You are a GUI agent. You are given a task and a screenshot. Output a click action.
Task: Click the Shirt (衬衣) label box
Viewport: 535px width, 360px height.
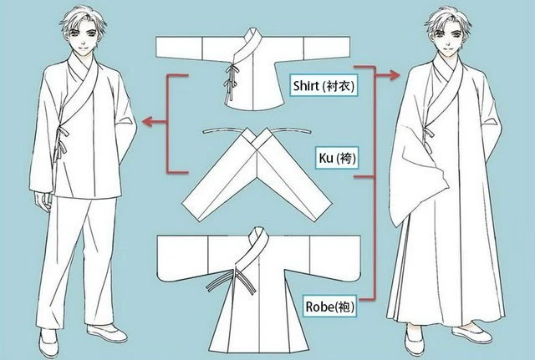[324, 85]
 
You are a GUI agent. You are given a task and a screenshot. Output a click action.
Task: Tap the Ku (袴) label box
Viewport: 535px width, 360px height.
[337, 158]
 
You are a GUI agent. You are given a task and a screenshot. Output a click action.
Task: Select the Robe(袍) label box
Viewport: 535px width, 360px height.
[330, 307]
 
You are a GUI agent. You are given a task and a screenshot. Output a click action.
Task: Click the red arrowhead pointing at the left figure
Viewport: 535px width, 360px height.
[147, 121]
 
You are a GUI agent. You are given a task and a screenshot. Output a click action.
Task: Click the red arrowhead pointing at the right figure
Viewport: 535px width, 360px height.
[395, 74]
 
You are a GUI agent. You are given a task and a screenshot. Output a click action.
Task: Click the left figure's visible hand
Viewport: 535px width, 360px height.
[43, 201]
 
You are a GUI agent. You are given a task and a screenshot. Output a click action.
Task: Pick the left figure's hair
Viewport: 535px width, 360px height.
[83, 18]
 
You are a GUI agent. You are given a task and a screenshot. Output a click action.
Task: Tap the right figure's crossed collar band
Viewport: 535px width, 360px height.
[444, 92]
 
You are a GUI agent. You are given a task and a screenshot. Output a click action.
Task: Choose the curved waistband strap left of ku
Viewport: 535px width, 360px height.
[223, 130]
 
